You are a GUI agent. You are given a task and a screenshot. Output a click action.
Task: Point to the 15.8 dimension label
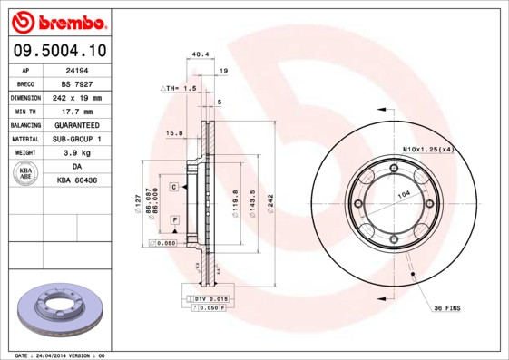coord(174,133)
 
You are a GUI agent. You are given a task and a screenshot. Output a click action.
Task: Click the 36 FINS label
coord(445,308)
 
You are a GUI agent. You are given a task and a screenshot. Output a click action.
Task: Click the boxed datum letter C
coord(173,185)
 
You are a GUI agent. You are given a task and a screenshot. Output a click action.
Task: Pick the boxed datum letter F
coord(173,220)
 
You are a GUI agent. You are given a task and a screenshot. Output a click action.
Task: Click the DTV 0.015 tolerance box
coord(209,298)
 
